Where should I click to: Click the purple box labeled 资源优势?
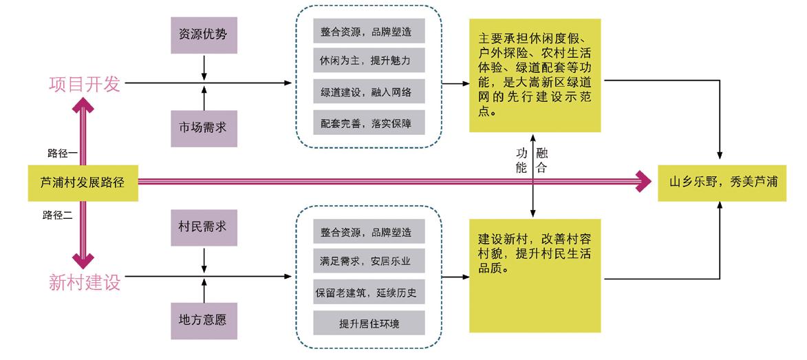pyautogui.click(x=204, y=34)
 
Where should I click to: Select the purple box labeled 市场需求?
pyautogui.click(x=204, y=127)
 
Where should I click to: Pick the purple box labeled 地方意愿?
pyautogui.click(x=204, y=319)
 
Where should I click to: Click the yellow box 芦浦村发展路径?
pyautogui.click(x=83, y=183)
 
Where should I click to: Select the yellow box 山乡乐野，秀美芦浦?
pyautogui.click(x=722, y=183)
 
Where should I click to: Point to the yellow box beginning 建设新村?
pyautogui.click(x=535, y=276)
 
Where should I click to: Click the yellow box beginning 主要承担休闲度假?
pyautogui.click(x=535, y=76)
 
